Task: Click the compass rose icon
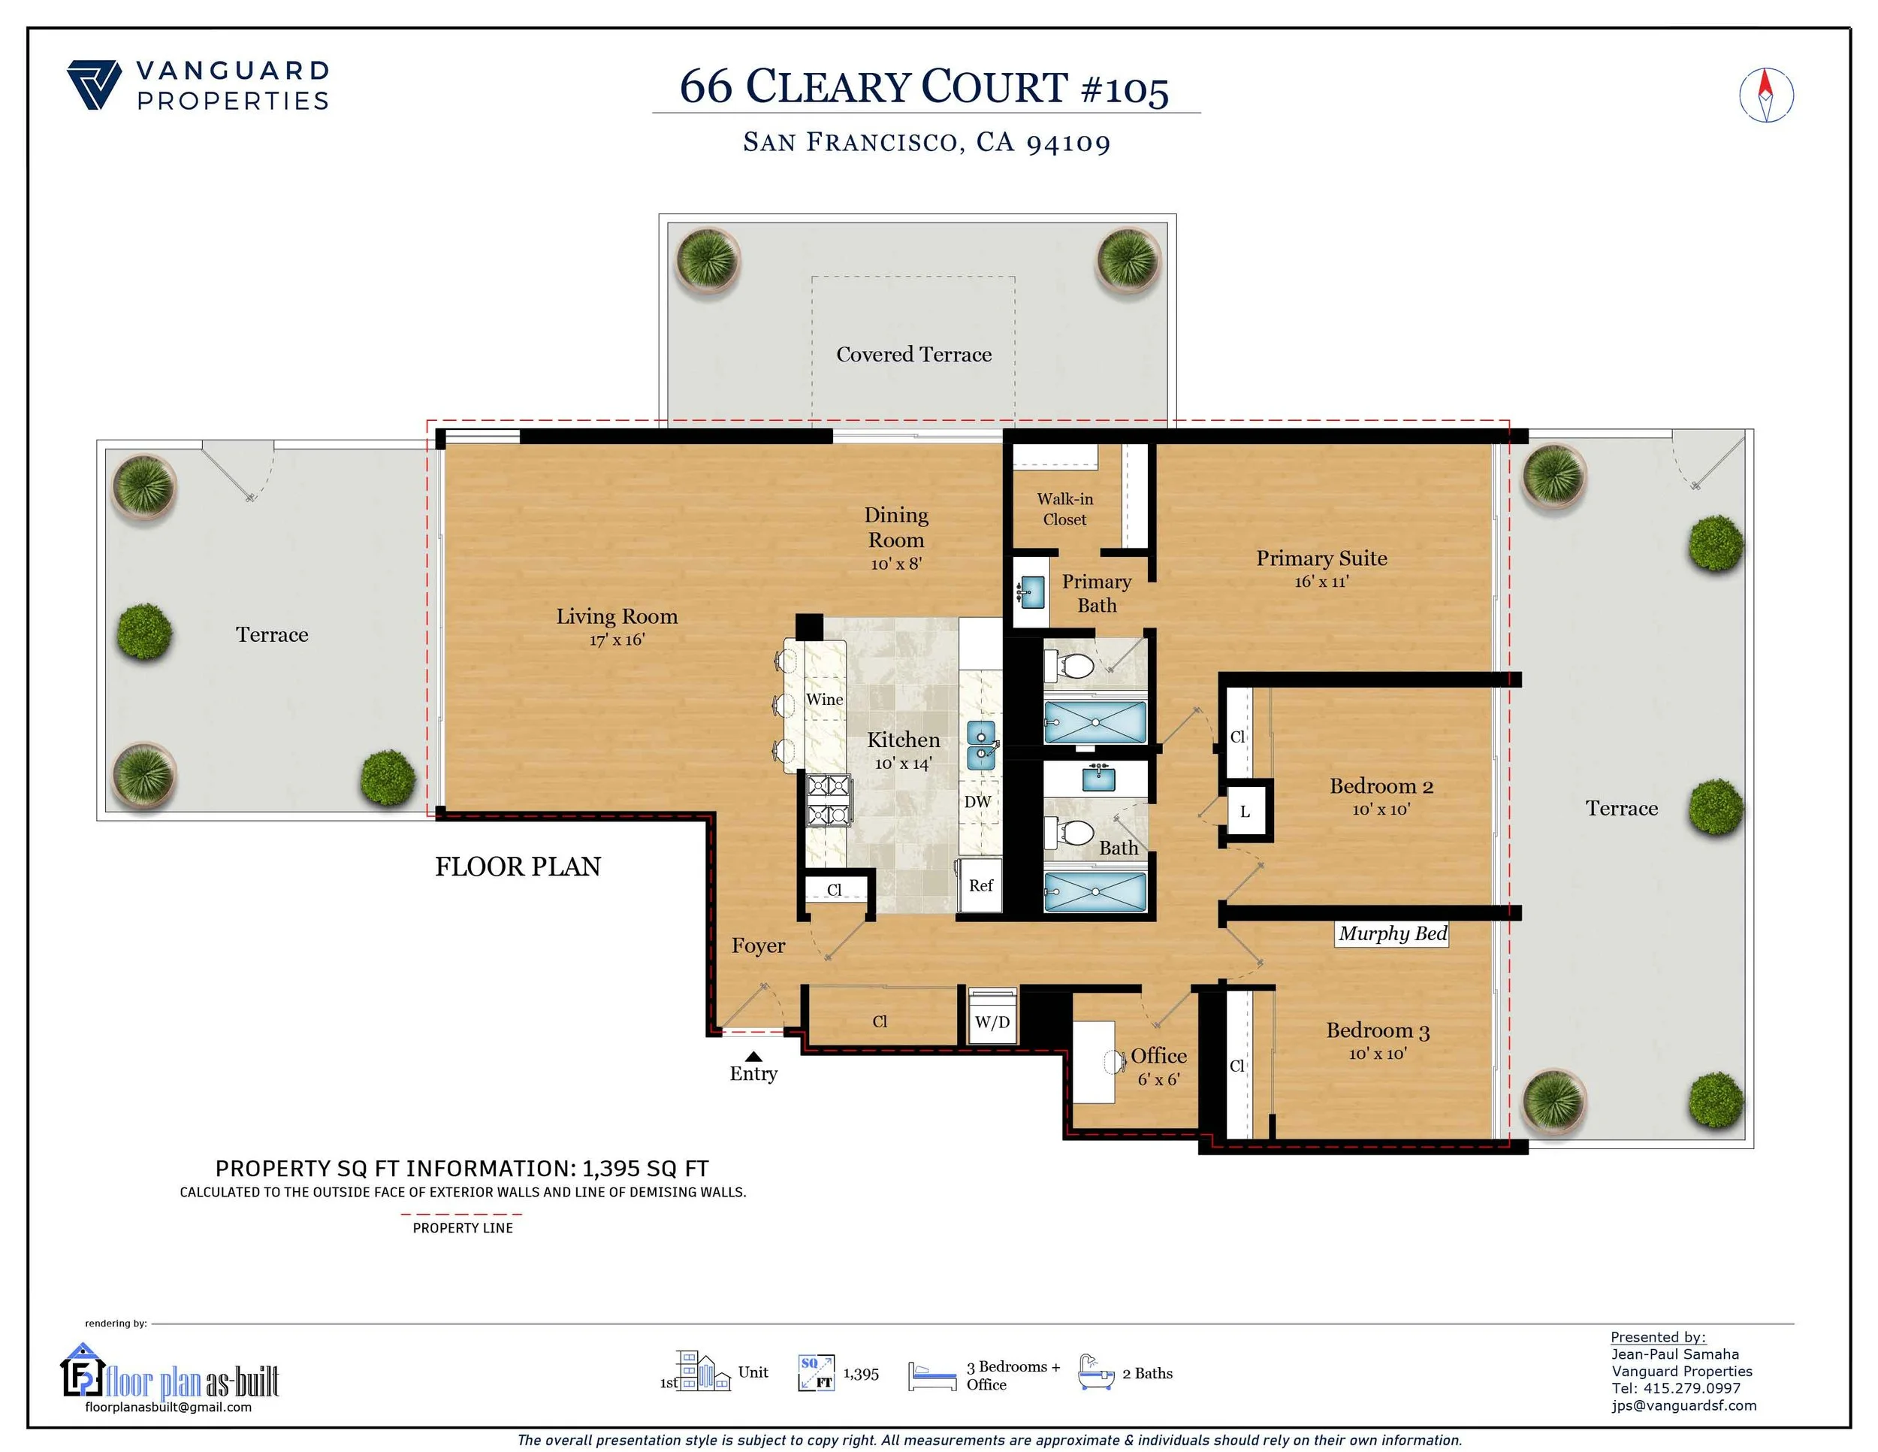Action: [1765, 95]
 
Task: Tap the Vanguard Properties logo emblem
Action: [94, 84]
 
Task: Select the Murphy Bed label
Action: [1391, 933]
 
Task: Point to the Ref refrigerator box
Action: [980, 885]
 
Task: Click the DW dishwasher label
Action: [978, 802]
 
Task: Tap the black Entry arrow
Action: [753, 1057]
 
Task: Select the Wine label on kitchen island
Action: [824, 700]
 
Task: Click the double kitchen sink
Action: [981, 745]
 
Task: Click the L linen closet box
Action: [1244, 811]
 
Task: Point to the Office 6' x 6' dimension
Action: [1158, 1079]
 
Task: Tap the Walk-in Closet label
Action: [1064, 510]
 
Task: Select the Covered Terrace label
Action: [913, 355]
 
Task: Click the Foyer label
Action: [757, 945]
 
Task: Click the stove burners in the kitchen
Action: [828, 799]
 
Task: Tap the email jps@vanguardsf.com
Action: [1683, 1405]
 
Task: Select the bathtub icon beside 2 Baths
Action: [1095, 1374]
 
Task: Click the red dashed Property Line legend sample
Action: [462, 1214]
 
